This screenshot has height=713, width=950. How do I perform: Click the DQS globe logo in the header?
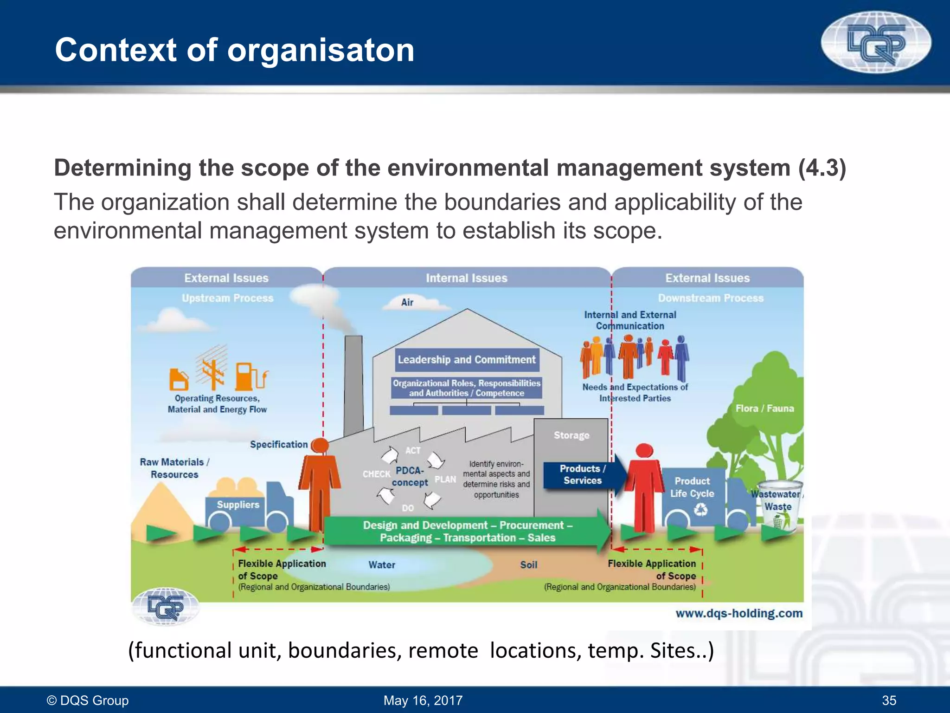pos(876,43)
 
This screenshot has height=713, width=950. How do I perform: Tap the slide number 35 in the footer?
pos(889,700)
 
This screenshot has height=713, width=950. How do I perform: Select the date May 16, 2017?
pos(423,700)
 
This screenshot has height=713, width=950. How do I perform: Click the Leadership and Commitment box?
pos(467,360)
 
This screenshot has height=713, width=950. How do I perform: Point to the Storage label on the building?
pos(571,435)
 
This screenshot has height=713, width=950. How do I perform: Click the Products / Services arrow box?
pos(582,475)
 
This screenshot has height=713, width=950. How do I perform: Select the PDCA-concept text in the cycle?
pos(410,476)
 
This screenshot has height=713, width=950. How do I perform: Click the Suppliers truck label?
pos(238,505)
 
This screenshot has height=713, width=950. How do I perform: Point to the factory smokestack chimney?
pos(353,385)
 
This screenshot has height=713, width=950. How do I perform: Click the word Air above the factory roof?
pos(407,303)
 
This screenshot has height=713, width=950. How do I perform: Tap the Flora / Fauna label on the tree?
pos(764,408)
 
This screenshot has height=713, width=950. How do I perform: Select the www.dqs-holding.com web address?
pos(738,613)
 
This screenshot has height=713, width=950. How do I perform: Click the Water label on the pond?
pos(382,565)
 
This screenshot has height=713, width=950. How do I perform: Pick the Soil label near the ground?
pos(528,565)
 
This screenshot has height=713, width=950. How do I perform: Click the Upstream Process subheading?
pos(227,298)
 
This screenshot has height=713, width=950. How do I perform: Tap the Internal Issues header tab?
pos(467,278)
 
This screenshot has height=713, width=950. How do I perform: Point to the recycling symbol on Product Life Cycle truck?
pos(700,511)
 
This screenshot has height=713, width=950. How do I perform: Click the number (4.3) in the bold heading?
pos(822,168)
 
